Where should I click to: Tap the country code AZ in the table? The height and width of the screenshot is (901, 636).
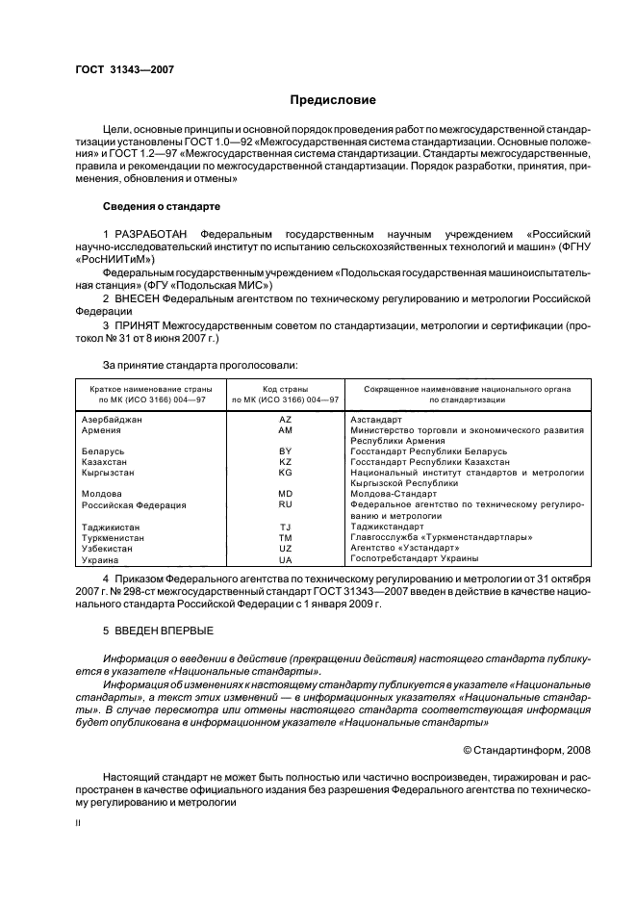click(285, 421)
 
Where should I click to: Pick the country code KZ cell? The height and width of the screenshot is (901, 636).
click(285, 462)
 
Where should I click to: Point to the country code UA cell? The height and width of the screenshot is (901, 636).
click(285, 559)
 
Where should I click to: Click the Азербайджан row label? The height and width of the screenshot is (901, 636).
click(112, 421)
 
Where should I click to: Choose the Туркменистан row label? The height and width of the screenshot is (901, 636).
click(112, 538)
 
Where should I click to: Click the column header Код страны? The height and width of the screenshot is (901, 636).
click(285, 388)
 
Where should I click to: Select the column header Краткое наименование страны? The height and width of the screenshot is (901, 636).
click(144, 388)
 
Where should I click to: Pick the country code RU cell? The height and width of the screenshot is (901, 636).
click(285, 503)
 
